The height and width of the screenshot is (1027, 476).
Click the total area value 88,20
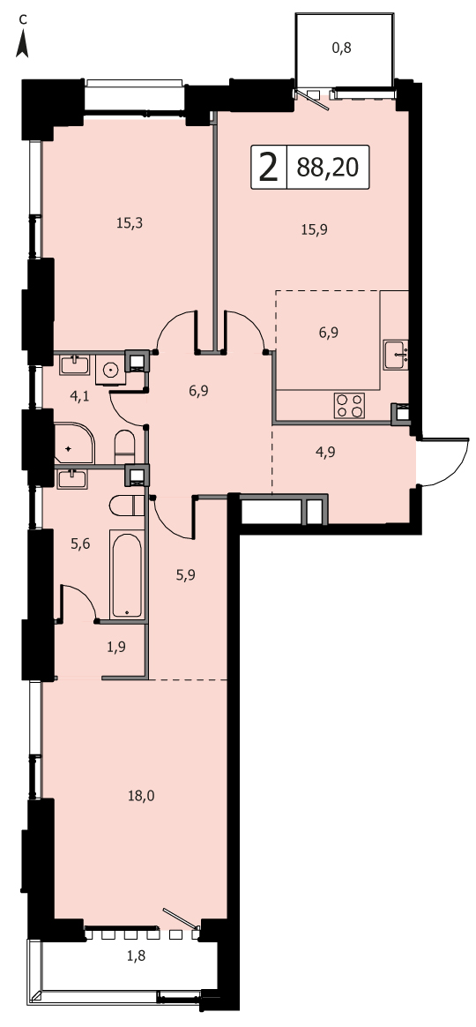[327, 168]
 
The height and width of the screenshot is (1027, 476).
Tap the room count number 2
[268, 167]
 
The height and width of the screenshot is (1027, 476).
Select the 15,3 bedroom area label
[130, 222]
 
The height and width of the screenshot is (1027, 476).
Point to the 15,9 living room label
[315, 229]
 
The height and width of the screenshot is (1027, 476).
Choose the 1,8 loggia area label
[136, 955]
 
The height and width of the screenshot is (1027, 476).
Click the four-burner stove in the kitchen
[349, 404]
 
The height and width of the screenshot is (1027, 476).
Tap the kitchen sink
[396, 355]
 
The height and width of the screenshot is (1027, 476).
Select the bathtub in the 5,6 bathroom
[127, 576]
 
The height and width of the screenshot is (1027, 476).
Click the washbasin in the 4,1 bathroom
[75, 364]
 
